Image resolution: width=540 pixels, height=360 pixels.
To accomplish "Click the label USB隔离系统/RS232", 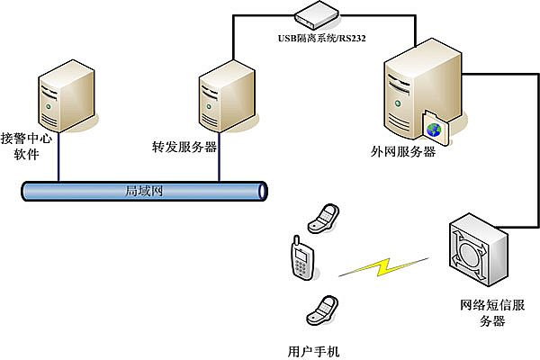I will (321, 39).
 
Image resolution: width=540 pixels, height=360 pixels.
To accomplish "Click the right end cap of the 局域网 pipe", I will (262, 191).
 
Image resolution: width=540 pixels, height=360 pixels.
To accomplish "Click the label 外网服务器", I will (405, 151).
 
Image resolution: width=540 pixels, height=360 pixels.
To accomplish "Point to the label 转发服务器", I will (184, 146).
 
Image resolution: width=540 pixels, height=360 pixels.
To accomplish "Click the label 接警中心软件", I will (28, 146).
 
